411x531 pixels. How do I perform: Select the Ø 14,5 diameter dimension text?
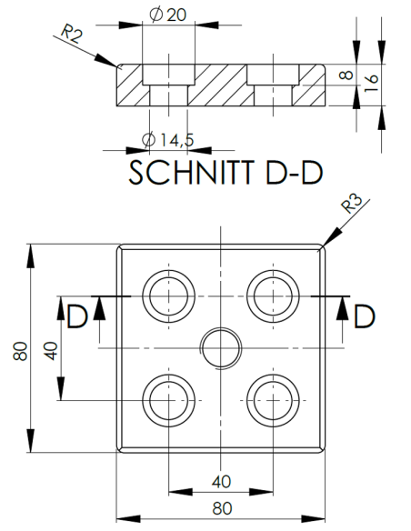pyautogui.click(x=165, y=140)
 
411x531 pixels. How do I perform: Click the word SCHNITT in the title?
pyautogui.click(x=187, y=174)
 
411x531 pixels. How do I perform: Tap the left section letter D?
pyautogui.click(x=77, y=316)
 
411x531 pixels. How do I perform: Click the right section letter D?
pyautogui.click(x=364, y=316)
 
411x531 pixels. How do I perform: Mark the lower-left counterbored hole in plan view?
pyautogui.click(x=167, y=399)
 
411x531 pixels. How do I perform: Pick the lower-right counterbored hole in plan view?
pyautogui.click(x=272, y=399)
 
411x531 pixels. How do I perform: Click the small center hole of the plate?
pyautogui.click(x=219, y=346)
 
